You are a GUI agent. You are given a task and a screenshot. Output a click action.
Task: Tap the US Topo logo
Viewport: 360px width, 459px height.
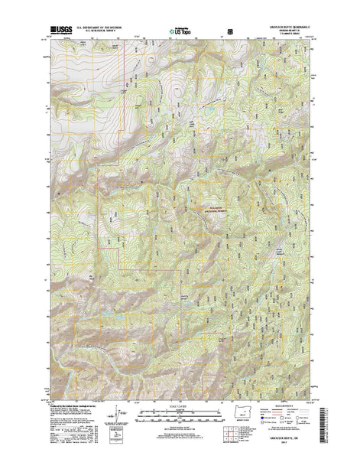(180, 31)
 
